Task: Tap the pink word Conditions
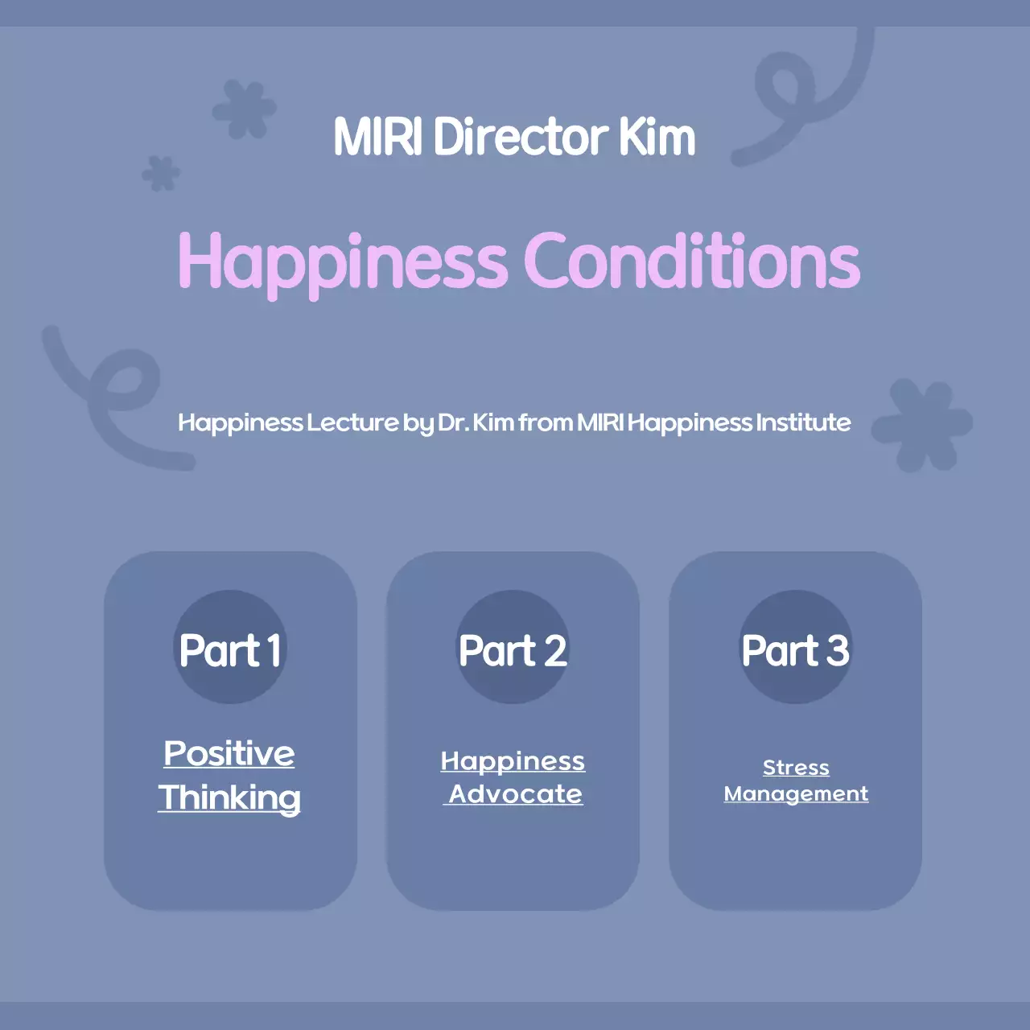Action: pos(692,261)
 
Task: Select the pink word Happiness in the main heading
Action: pos(343,262)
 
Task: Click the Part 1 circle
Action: pos(230,648)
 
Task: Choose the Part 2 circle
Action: pos(513,648)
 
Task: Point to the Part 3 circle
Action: pos(795,648)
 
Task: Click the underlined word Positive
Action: pos(229,754)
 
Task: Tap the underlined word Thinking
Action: pos(229,798)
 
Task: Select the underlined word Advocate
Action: pos(515,794)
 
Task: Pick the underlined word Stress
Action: pos(796,768)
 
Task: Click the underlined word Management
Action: pos(796,794)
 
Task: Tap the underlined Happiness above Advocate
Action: pos(513,761)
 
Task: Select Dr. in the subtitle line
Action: pos(453,422)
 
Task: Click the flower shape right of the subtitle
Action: pos(922,424)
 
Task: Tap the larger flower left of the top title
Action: pos(245,109)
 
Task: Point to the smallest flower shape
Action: pos(161,173)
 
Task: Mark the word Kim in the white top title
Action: pos(657,137)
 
